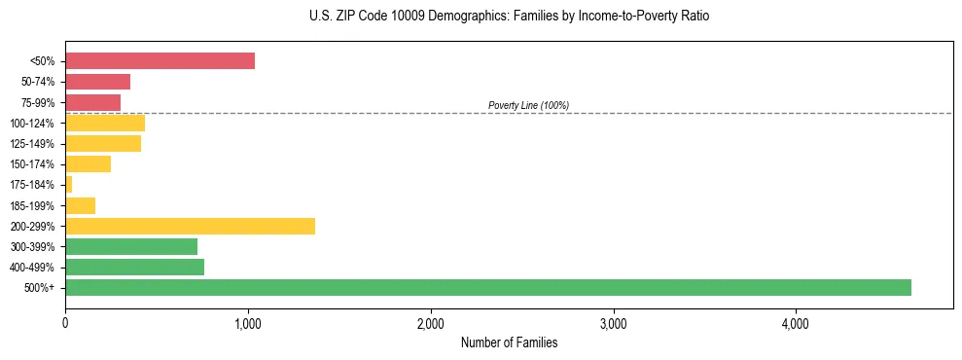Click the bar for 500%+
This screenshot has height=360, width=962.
(487, 287)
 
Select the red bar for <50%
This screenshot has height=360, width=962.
(160, 61)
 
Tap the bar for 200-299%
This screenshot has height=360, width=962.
(190, 226)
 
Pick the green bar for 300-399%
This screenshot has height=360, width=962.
(131, 246)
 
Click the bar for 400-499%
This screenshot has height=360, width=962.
(134, 267)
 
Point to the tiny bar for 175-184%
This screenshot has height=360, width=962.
(69, 185)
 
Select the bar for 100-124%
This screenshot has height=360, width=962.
(105, 123)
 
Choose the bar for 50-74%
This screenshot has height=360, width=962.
(97, 82)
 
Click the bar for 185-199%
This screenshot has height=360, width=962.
(80, 205)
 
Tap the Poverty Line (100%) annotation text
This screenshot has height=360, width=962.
(528, 105)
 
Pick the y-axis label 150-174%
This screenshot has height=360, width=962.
(33, 164)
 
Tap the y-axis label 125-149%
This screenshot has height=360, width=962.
(33, 144)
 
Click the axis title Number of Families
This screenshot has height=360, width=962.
(509, 342)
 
